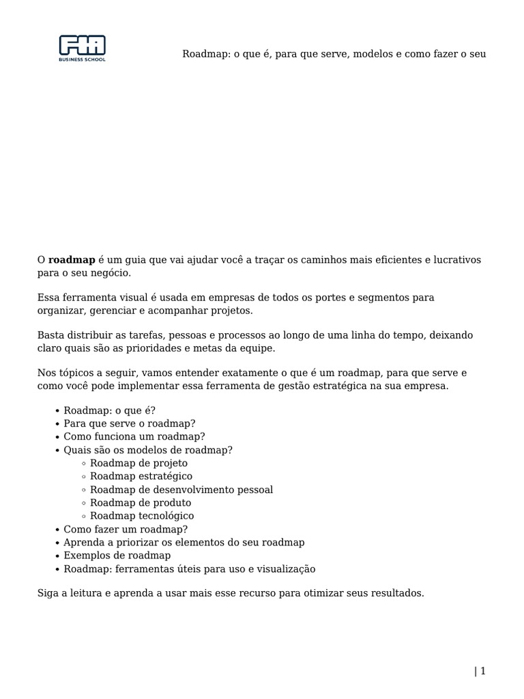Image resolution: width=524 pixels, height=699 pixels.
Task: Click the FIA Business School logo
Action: [x=83, y=48]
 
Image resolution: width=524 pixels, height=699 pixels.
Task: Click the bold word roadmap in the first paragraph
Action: [x=72, y=260]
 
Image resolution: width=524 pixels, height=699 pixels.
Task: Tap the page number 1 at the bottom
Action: [x=482, y=671]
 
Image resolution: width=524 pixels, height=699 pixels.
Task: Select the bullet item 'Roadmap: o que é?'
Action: [x=109, y=410]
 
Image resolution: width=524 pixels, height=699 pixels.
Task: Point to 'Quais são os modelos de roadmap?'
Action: [x=148, y=450]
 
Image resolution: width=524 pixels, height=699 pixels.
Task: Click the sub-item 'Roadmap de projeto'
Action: [x=139, y=463]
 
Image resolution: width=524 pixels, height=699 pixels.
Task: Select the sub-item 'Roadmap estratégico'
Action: [x=141, y=476]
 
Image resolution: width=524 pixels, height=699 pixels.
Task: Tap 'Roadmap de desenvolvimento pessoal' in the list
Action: [x=181, y=489]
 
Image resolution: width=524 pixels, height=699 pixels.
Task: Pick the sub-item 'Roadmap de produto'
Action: [x=141, y=502]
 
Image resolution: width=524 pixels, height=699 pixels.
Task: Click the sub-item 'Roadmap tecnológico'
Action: [x=142, y=515]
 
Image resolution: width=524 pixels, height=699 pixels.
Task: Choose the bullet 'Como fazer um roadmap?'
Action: [x=126, y=529]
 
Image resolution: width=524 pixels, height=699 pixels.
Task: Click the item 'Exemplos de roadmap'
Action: [x=117, y=555]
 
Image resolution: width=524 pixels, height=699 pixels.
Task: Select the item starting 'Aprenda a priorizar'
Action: [x=184, y=542]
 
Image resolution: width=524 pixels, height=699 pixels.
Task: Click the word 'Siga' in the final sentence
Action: [x=48, y=593]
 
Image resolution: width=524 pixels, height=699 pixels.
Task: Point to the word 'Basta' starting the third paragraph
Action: [x=50, y=335]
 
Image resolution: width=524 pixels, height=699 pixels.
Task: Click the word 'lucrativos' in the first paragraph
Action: [x=457, y=260]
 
